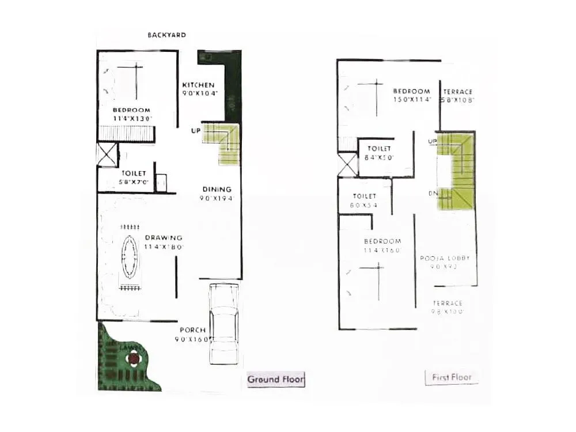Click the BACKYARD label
tap(166, 35)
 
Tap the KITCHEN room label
tap(198, 85)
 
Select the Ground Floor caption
tap(275, 379)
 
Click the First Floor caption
tap(452, 377)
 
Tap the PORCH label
tap(192, 330)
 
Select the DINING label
tap(217, 189)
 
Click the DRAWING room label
tap(164, 237)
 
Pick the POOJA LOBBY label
tap(445, 258)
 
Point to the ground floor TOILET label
tap(134, 173)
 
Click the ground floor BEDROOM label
tap(131, 110)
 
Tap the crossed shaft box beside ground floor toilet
tap(107, 155)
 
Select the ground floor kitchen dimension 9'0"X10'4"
tap(199, 93)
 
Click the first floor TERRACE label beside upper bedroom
tap(458, 92)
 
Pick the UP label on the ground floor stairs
tap(196, 131)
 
